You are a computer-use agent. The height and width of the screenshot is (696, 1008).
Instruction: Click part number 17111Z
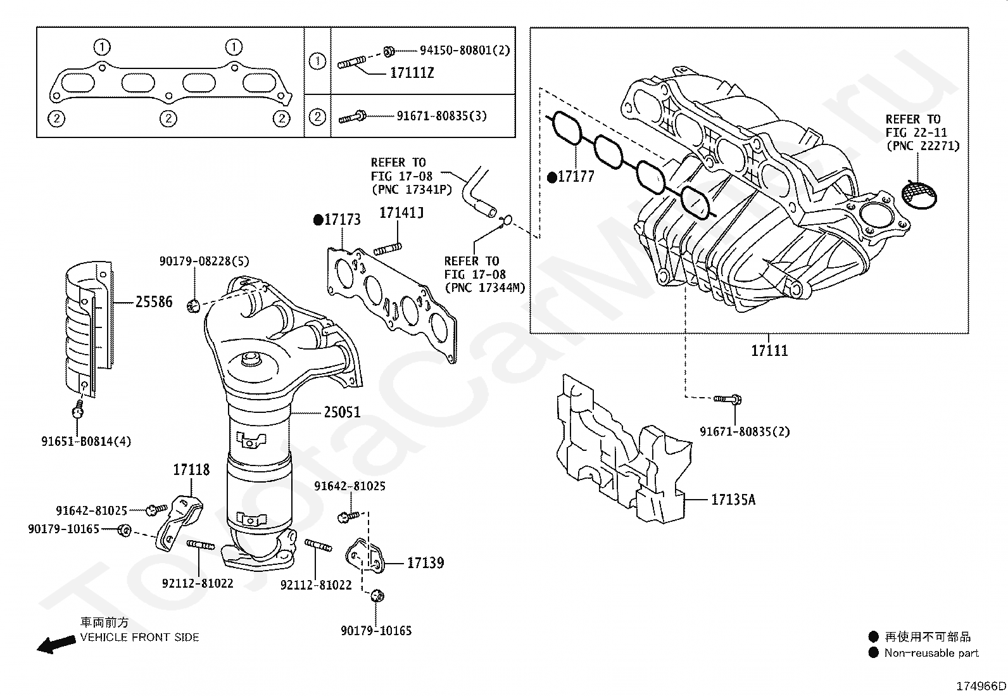pos(412,73)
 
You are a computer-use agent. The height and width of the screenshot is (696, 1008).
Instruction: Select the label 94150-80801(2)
pos(465,50)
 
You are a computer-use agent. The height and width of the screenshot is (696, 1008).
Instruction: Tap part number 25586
pos(154,301)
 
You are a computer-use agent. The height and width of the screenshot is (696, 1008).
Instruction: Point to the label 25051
pos(342,412)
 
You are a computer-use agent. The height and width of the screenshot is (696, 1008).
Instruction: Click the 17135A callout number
pos(733,500)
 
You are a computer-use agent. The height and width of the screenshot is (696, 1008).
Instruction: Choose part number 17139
pos(425,563)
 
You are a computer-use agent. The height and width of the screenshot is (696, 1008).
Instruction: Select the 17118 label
pos(191,470)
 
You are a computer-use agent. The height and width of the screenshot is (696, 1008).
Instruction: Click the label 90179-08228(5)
pos(205,261)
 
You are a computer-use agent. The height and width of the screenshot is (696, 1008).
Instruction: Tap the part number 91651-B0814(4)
pos(86,441)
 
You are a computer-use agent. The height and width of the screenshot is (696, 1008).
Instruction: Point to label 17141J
pos(401,213)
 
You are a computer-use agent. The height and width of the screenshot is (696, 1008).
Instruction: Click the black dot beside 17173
pos(318,220)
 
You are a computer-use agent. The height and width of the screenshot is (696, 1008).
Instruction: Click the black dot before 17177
pos(552,177)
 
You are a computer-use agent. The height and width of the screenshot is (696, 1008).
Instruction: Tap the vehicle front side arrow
pos(56,644)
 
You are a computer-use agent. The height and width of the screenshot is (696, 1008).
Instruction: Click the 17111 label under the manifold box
pos(769,350)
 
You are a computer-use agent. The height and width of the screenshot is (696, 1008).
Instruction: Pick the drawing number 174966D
pos(981,686)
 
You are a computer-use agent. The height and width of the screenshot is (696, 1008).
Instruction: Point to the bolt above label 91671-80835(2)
pos(728,399)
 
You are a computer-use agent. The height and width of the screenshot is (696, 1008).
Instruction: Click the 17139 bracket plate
pos(365,555)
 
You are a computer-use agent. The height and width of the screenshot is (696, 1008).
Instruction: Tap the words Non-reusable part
pos(931,653)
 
